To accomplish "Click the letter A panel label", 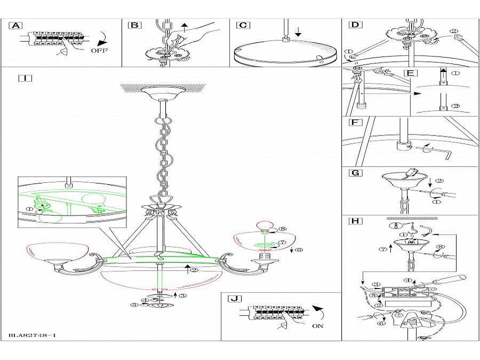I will click(16, 25).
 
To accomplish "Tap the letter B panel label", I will click(134, 25).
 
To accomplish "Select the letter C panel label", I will click(242, 25).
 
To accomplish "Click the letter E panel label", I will click(409, 73).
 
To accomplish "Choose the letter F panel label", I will click(353, 122).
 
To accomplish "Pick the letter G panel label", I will click(354, 173).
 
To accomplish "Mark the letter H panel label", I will click(354, 220).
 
